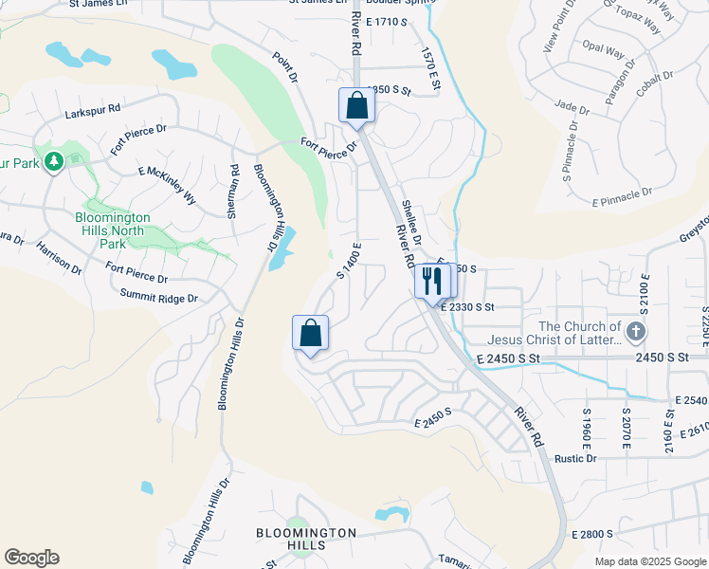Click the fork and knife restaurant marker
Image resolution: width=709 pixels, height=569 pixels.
432,282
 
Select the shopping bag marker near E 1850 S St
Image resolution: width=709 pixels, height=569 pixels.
357,106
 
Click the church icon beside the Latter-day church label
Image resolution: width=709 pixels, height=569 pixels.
636,333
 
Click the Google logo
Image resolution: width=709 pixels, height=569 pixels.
31,558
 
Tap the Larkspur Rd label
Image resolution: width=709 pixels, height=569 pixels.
94,112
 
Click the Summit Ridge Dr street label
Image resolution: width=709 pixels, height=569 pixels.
158,298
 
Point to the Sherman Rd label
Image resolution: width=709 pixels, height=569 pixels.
233,192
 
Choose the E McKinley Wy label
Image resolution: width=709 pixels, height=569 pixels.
167,185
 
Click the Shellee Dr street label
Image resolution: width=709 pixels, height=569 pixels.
409,219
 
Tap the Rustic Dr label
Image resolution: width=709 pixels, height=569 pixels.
575,458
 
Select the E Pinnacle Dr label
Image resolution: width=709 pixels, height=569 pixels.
623,196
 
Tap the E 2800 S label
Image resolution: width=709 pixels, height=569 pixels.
593,535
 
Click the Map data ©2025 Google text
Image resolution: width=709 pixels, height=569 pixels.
650,561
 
